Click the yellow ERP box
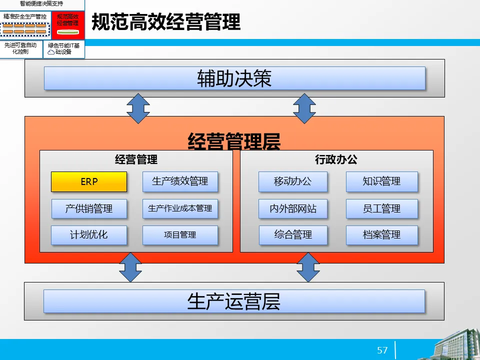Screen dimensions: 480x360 click(x=89, y=182)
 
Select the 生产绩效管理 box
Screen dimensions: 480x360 click(x=180, y=182)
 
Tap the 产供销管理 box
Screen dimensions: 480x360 click(x=89, y=208)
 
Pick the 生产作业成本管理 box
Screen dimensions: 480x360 click(x=180, y=208)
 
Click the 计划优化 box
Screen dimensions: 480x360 click(x=89, y=235)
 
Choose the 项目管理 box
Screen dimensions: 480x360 click(x=180, y=235)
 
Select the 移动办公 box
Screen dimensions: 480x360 click(x=293, y=182)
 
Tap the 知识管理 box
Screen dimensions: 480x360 click(x=381, y=182)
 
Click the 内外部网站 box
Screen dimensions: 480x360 click(x=293, y=208)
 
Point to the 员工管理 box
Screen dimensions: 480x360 click(x=381, y=208)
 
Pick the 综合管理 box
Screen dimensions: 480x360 click(x=293, y=235)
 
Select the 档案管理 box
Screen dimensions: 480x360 click(x=381, y=235)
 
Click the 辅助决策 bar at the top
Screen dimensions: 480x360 click(x=234, y=78)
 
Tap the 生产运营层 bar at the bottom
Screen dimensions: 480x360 click(x=234, y=301)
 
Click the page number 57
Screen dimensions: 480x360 click(x=382, y=350)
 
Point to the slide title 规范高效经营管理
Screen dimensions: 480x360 click(x=166, y=22)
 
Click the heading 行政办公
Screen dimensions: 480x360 click(x=336, y=160)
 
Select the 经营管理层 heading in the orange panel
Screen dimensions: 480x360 click(x=234, y=141)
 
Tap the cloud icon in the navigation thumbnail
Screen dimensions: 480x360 click(x=51, y=52)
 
